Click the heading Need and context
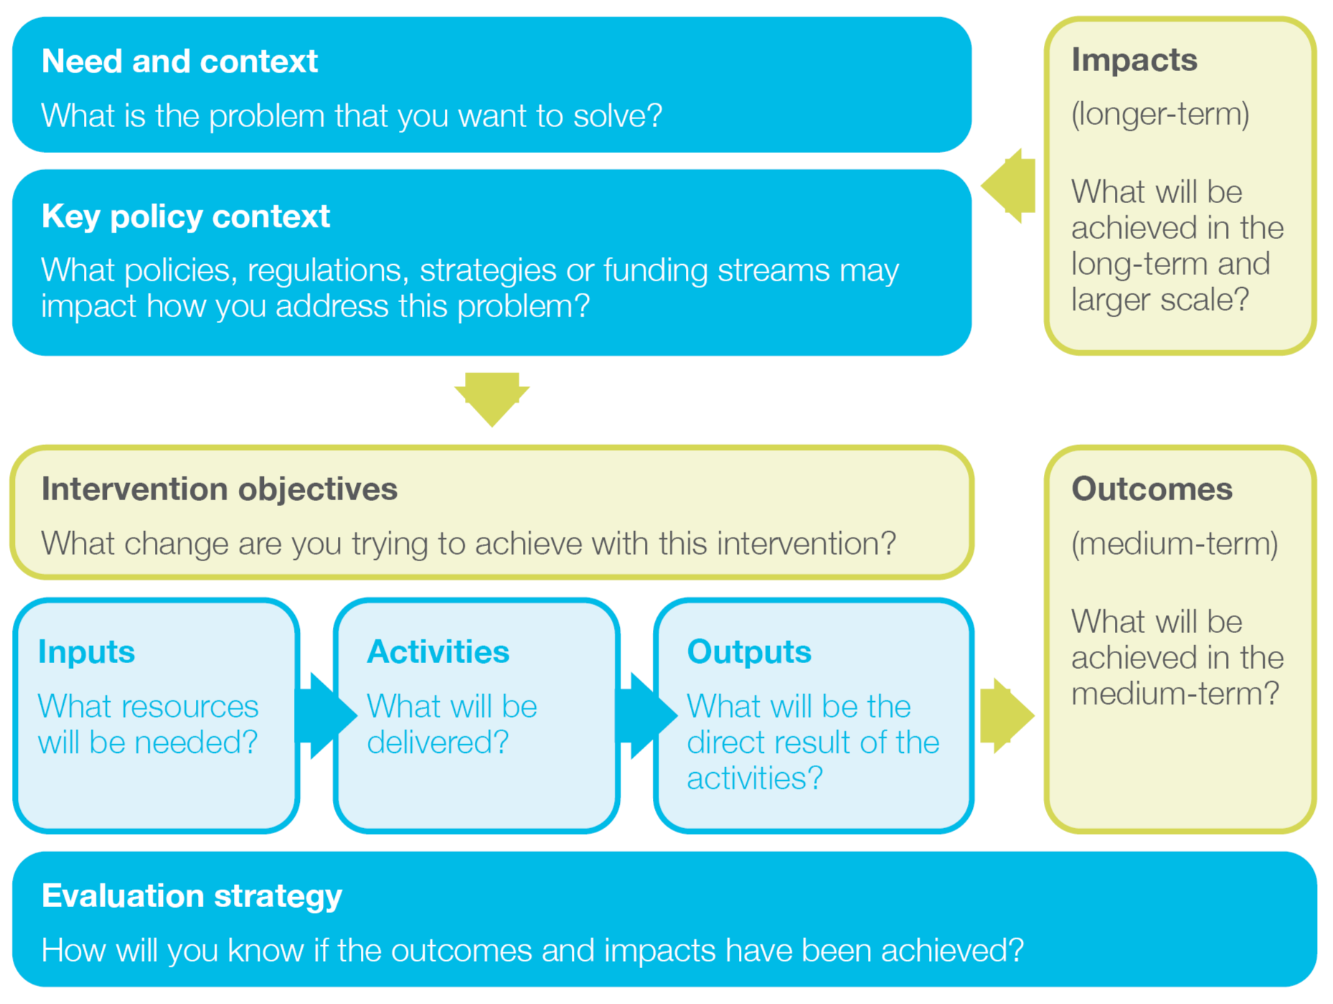tap(179, 61)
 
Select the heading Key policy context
tap(185, 216)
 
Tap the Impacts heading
tap(1134, 60)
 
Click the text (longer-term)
tap(1159, 114)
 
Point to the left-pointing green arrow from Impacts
tap(1007, 186)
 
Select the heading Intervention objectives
tap(219, 489)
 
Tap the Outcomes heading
tap(1151, 489)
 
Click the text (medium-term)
tap(1174, 543)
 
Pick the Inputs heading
tap(86, 652)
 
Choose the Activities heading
tap(438, 652)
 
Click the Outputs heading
tap(748, 652)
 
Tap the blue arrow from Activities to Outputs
tap(646, 715)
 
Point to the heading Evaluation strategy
tap(192, 896)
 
